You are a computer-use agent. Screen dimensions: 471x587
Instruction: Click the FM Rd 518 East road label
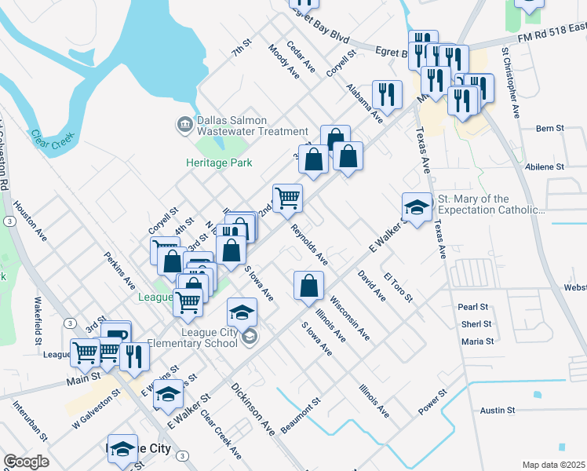pyautogui.click(x=551, y=31)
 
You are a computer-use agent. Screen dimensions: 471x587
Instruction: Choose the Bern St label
pyautogui.click(x=549, y=128)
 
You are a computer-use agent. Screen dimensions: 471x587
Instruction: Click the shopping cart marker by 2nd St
pyautogui.click(x=287, y=197)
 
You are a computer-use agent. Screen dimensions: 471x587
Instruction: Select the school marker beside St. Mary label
pyautogui.click(x=417, y=206)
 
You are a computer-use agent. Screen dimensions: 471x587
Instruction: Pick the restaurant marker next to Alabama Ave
pyautogui.click(x=386, y=94)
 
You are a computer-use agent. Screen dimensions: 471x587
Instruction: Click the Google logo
pyautogui.click(x=26, y=462)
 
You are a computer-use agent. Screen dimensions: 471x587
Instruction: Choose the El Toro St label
pyautogui.click(x=399, y=288)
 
